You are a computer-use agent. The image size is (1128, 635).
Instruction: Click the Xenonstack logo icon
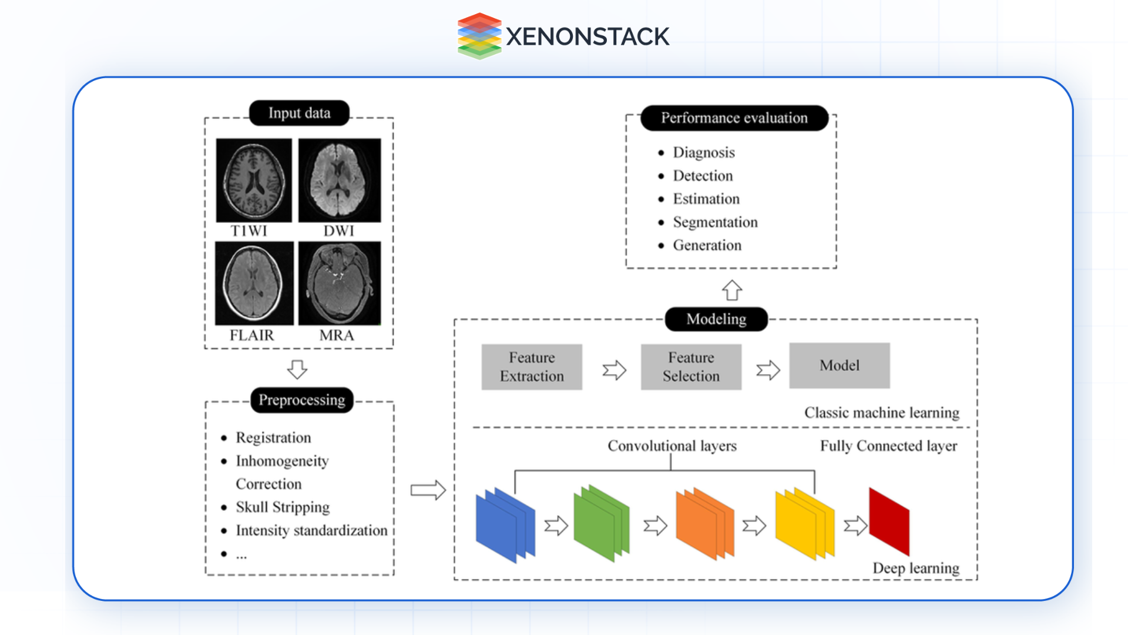pos(479,36)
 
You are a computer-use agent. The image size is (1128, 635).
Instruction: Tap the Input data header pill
pos(299,113)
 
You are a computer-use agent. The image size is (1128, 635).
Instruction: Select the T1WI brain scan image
pos(254,180)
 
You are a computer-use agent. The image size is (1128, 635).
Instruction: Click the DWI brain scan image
pos(339,180)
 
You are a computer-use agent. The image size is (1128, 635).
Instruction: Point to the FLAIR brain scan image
pos(254,283)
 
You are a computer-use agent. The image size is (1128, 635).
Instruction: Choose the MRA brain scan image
pos(339,283)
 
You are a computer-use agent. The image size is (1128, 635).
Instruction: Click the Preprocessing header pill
pos(301,400)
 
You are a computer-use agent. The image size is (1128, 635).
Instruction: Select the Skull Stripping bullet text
pos(282,507)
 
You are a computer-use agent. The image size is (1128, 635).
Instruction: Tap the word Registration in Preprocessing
pos(273,437)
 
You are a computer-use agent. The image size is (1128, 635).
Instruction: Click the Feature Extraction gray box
pos(532,367)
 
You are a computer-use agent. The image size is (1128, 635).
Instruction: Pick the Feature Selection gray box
pos(691,367)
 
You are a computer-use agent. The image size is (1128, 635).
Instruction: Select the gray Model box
pos(839,365)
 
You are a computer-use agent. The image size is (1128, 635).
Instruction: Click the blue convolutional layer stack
pos(504,525)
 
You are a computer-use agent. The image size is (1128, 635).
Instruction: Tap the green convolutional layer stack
pos(600,523)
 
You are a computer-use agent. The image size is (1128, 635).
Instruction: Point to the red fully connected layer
pos(888,522)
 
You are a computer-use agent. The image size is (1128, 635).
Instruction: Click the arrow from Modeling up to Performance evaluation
pos(731,290)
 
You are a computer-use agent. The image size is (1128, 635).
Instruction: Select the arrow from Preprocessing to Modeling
pos(428,490)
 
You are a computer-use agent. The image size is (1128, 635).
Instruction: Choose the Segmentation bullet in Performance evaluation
pos(715,222)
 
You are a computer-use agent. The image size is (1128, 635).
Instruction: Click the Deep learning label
pos(915,568)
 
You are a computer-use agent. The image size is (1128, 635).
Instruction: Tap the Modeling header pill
pos(716,319)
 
